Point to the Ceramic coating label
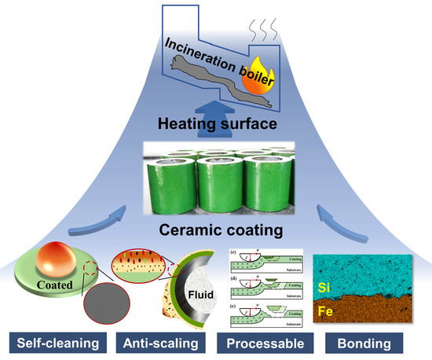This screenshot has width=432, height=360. coord(216,230)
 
